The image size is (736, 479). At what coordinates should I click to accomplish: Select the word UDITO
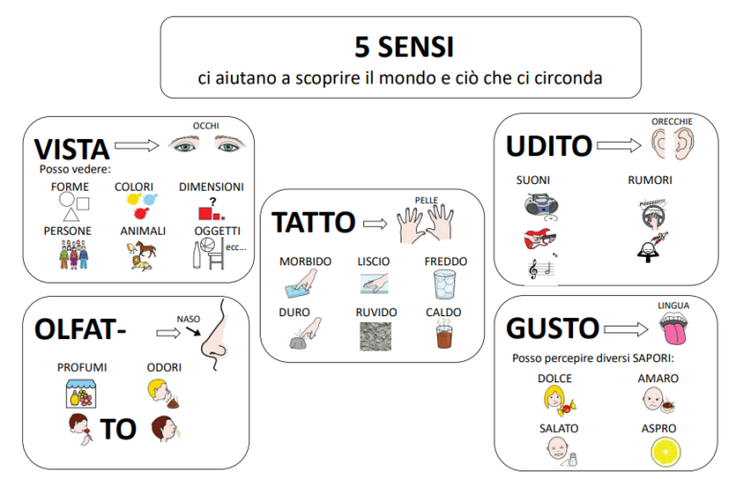548,146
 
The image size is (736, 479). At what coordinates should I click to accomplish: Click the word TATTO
313,222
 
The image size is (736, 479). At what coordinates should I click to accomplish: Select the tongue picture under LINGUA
674,331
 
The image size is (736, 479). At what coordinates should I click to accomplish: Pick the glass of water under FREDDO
444,285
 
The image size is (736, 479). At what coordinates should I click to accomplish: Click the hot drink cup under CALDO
444,337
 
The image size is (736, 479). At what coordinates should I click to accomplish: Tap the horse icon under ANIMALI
140,253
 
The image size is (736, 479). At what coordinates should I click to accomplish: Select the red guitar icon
538,239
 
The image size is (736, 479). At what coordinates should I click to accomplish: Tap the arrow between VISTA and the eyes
136,146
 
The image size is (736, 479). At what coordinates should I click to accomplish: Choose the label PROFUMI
82,367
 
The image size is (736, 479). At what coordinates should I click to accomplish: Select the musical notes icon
539,270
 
